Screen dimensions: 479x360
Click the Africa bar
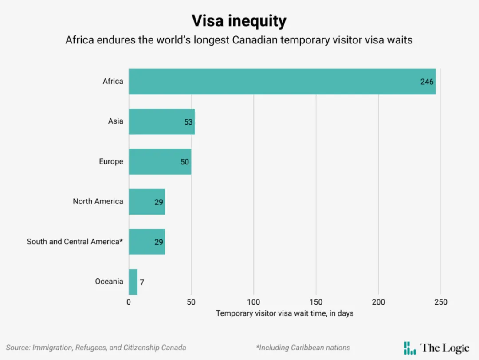pos(282,82)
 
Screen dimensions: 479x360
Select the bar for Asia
pos(162,121)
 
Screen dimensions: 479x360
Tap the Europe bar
pos(160,161)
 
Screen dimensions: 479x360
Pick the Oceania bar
pos(133,282)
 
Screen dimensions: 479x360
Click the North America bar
pos(147,202)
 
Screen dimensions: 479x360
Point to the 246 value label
pos(427,82)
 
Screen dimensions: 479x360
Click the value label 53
pos(188,122)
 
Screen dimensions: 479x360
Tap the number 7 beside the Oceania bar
pos(142,282)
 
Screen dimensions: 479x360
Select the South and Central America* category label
pos(75,242)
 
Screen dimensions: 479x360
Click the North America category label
pos(98,201)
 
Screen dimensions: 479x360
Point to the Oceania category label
pos(109,281)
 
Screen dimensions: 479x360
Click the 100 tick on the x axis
pos(254,302)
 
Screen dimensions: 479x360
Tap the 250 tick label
pos(441,302)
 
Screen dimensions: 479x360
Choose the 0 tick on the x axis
pos(129,302)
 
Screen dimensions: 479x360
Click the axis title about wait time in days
pos(285,313)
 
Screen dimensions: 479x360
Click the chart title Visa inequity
pos(239,21)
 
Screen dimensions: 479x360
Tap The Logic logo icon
pos(410,348)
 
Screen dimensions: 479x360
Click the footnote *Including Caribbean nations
pos(303,348)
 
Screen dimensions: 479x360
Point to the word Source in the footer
pos(18,348)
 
